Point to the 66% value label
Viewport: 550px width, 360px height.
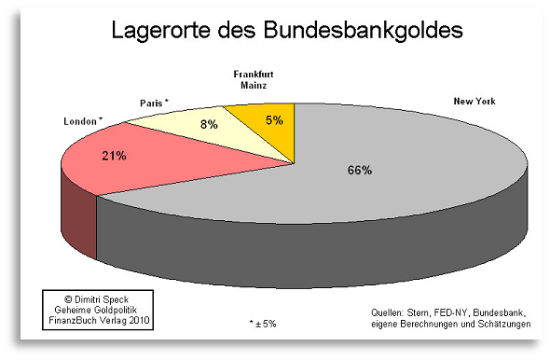(359, 171)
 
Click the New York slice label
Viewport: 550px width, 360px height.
(474, 101)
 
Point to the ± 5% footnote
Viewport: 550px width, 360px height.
(263, 324)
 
